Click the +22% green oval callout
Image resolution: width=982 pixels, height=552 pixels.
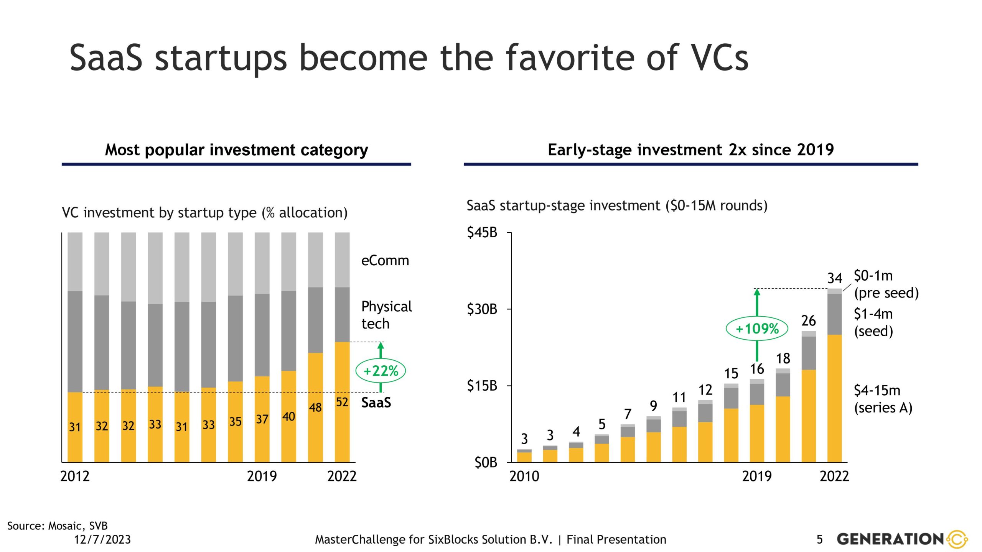[x=381, y=371]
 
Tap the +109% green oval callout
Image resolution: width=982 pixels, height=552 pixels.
[x=757, y=329]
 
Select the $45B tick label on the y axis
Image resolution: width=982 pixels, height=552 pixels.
[x=482, y=232]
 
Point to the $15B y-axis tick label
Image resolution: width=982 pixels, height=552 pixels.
[x=482, y=386]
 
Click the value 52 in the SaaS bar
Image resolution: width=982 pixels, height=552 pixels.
[x=342, y=402]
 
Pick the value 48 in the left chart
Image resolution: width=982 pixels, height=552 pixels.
[x=315, y=407]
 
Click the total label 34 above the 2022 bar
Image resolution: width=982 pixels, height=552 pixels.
[x=834, y=278]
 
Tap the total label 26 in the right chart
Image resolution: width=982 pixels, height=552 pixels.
[x=809, y=320]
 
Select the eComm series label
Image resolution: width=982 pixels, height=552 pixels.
[x=385, y=261]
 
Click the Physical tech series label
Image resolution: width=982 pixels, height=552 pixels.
[x=386, y=315]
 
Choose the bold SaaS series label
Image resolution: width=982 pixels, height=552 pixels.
[x=376, y=402]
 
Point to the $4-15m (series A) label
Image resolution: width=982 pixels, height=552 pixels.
[x=883, y=399]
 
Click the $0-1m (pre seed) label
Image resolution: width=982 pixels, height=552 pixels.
[x=886, y=284]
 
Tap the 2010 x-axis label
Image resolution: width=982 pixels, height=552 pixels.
[x=524, y=476]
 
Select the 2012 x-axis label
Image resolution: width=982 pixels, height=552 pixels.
[x=75, y=476]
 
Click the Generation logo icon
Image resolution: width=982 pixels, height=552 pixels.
[x=957, y=539]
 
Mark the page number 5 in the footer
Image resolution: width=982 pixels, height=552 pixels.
[x=820, y=540]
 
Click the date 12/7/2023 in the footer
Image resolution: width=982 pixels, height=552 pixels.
[x=102, y=540]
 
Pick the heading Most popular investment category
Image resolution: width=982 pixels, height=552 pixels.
[x=236, y=150]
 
